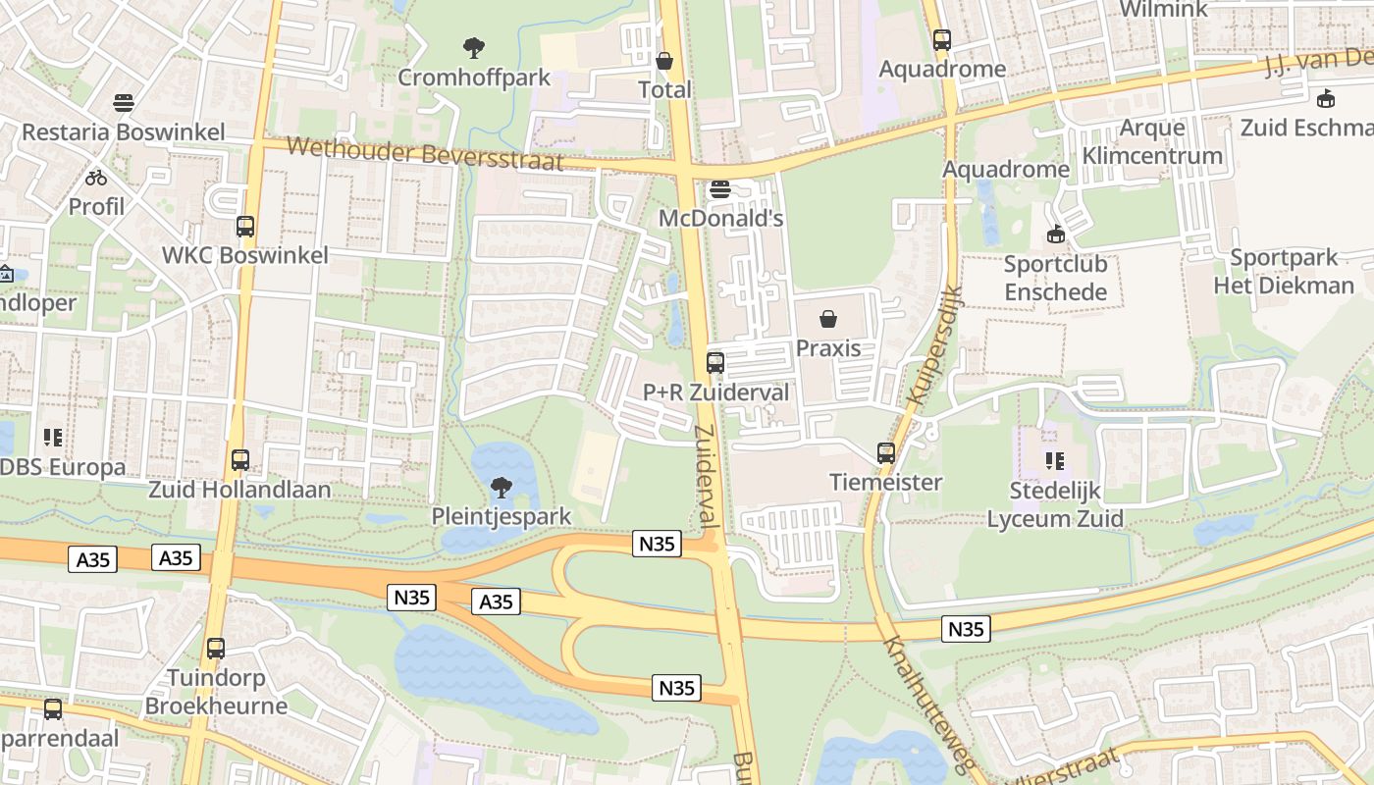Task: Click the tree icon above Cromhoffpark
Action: click(x=474, y=47)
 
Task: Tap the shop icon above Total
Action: click(x=664, y=61)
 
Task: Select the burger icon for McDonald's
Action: click(x=720, y=188)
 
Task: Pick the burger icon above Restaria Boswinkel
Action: click(x=124, y=102)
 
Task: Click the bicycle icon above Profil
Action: click(x=96, y=178)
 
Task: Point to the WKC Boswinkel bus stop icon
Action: click(x=245, y=227)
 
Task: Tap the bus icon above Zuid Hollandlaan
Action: click(x=239, y=459)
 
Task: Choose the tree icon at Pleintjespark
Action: click(x=501, y=487)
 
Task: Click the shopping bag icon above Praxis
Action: click(x=828, y=319)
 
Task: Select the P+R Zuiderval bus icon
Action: click(x=715, y=363)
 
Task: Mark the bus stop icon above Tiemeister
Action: click(x=886, y=452)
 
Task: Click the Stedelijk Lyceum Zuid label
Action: click(x=1055, y=504)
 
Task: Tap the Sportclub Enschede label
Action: click(x=1055, y=278)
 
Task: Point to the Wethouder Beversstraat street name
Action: click(x=426, y=155)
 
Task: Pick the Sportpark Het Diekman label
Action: click(x=1284, y=272)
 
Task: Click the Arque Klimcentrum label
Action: click(x=1152, y=141)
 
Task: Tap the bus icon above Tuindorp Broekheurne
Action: click(x=216, y=649)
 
